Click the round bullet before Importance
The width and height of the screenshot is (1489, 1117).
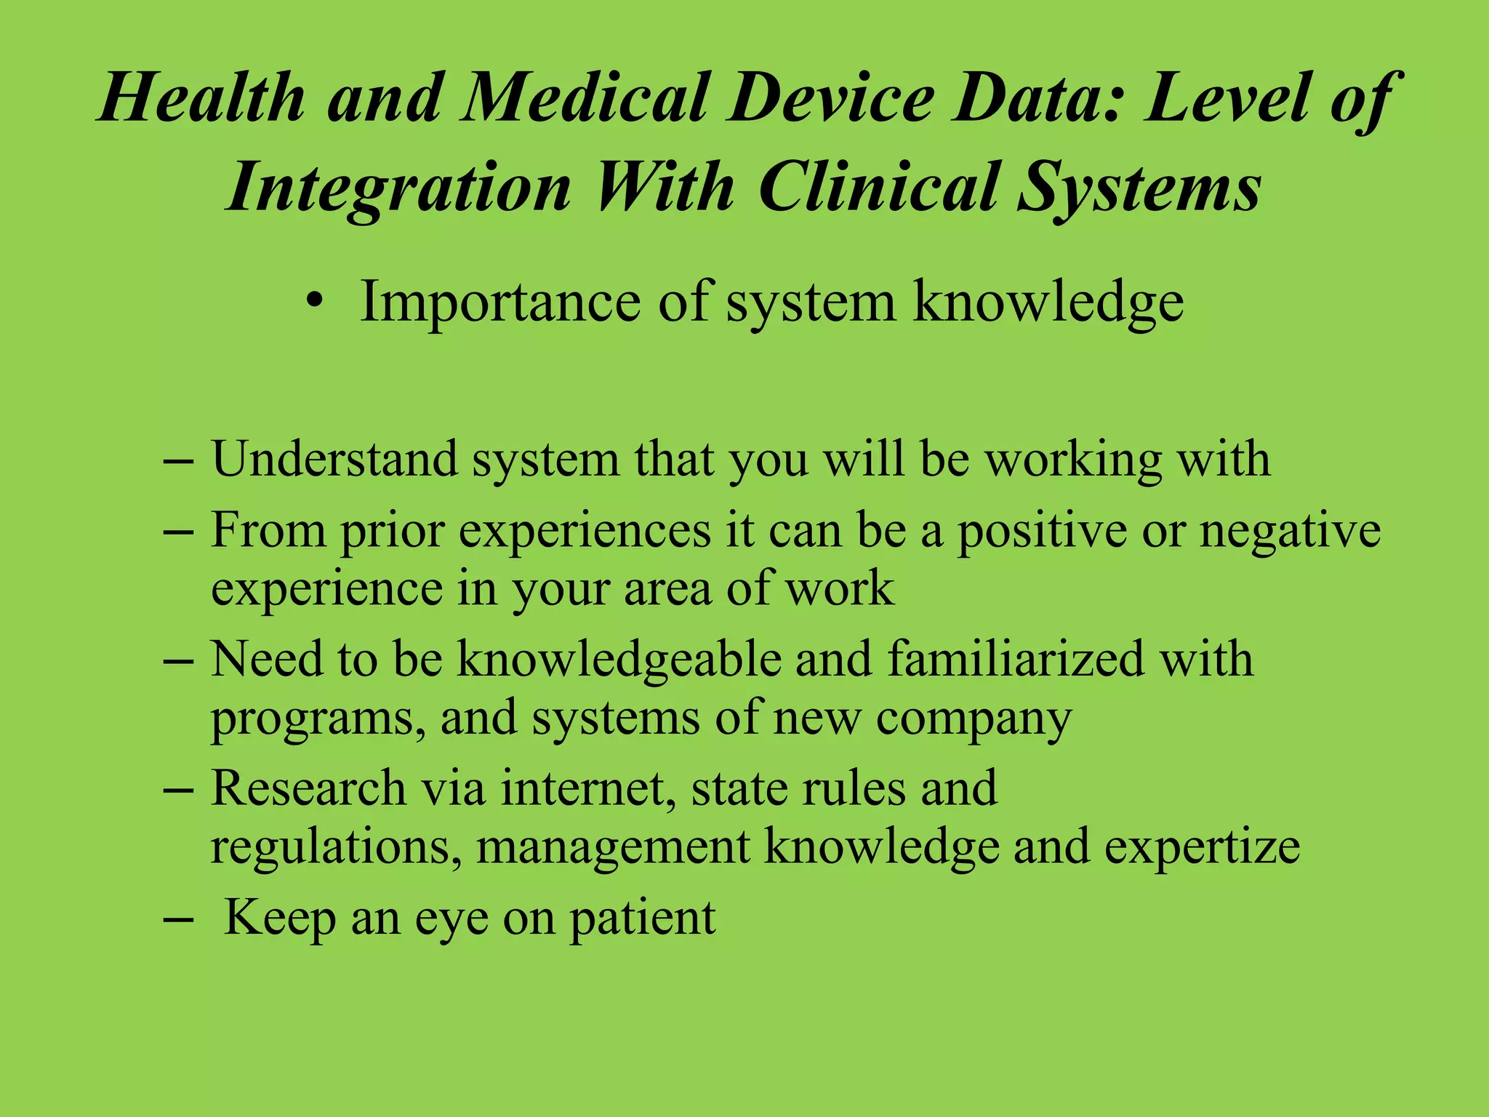[314, 302]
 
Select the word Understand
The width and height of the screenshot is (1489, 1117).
[334, 459]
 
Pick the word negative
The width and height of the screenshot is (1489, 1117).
[1290, 531]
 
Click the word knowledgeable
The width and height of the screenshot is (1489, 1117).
[618, 660]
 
